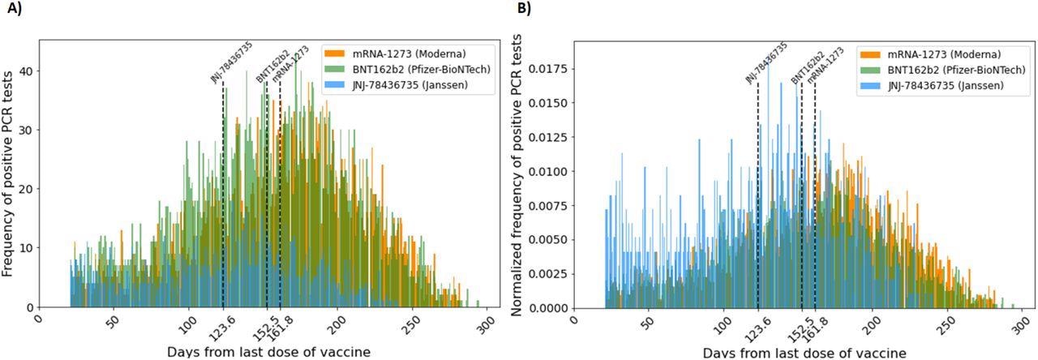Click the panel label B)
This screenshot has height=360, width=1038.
coord(525,11)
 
